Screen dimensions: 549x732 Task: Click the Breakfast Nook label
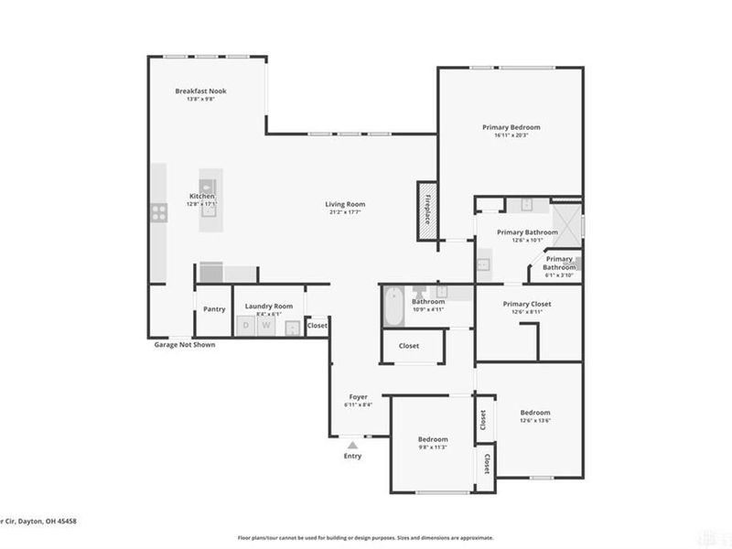[200, 91]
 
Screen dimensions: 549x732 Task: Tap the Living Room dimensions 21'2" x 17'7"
[345, 212]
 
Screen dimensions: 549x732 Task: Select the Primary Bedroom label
[511, 127]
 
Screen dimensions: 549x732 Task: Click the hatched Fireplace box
[426, 211]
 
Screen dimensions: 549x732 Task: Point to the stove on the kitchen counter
[158, 213]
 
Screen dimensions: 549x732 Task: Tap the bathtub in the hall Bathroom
[393, 307]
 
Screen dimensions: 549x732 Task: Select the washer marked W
[267, 325]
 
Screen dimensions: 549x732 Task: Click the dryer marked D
[245, 325]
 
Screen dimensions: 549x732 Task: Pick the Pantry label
[214, 309]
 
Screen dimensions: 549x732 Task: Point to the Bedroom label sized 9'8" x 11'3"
[434, 439]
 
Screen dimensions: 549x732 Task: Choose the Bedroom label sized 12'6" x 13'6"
[535, 413]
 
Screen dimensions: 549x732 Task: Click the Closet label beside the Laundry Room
[318, 325]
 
